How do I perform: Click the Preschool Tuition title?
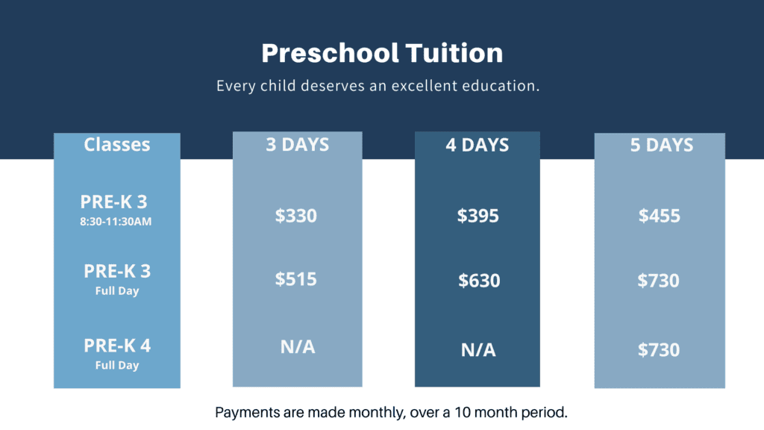(x=382, y=53)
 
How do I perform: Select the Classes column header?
(x=117, y=145)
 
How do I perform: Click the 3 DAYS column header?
(x=297, y=145)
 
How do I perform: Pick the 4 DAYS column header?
(x=477, y=146)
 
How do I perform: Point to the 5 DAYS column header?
(x=661, y=146)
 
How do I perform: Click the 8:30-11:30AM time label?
(x=116, y=222)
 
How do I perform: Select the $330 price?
(x=295, y=216)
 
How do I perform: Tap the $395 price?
(x=477, y=216)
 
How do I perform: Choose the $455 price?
(x=660, y=216)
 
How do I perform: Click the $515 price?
(x=295, y=279)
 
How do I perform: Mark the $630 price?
(x=479, y=281)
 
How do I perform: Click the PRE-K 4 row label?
(x=117, y=346)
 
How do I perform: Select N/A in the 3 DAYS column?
(x=298, y=347)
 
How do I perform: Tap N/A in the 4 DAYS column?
(x=478, y=350)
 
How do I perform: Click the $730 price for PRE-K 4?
(x=659, y=349)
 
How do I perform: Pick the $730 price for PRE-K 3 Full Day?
(x=658, y=281)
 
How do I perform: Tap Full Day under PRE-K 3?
(x=117, y=291)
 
